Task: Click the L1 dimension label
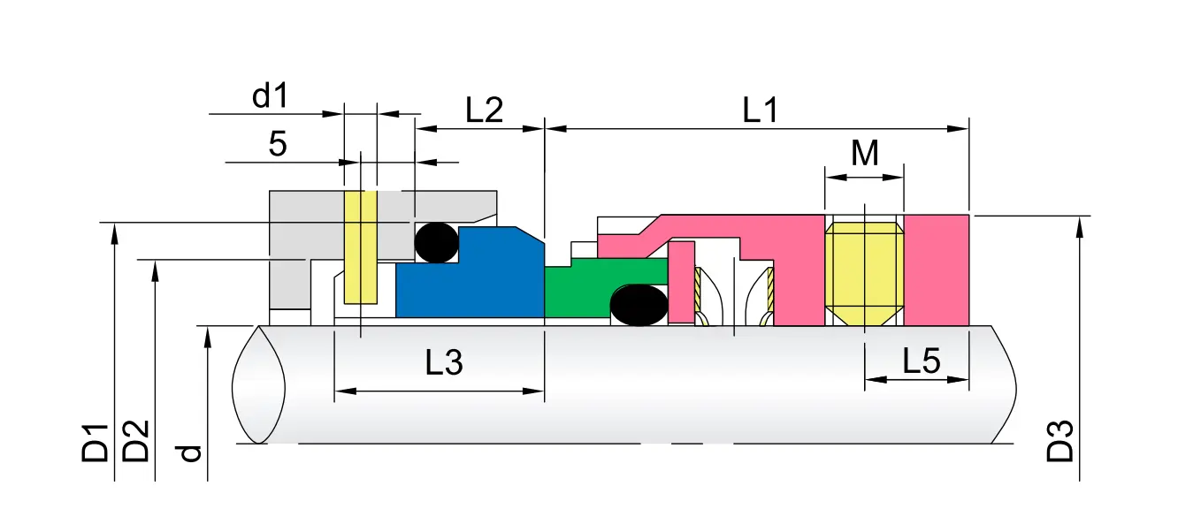(x=760, y=110)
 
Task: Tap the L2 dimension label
(x=484, y=110)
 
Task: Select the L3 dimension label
(x=444, y=362)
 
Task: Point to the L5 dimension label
(x=922, y=361)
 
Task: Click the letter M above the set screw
(x=865, y=153)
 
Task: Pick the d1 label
(x=271, y=96)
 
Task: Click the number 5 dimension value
(x=278, y=143)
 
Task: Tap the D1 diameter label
(x=95, y=443)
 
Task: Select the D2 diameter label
(x=135, y=441)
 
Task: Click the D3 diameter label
(x=1060, y=441)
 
